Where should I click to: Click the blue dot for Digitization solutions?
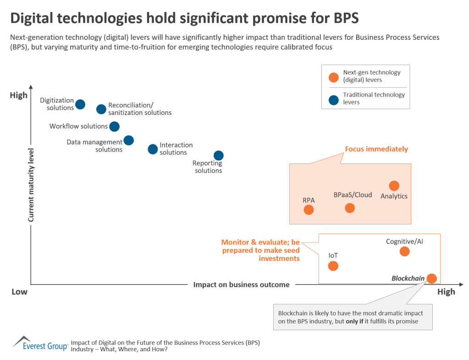tap(80, 104)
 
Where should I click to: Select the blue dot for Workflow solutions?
tap(115, 126)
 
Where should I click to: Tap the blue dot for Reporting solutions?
tap(219, 156)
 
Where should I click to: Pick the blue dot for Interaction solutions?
tap(153, 149)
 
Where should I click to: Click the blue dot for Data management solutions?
tap(129, 140)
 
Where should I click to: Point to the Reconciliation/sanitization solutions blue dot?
tap(101, 109)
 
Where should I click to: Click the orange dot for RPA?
tap(309, 210)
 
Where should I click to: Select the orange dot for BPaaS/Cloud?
tap(350, 208)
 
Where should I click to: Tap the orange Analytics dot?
tap(394, 185)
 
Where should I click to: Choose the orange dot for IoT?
tap(333, 266)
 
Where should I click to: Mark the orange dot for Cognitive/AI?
tap(404, 251)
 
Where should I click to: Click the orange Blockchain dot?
tap(431, 278)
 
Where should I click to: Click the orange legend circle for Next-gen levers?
tap(333, 76)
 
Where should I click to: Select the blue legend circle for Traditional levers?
tap(333, 98)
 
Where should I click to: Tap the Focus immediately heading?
tap(376, 149)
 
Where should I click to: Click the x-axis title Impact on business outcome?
tap(241, 284)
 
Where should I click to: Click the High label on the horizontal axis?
tap(446, 292)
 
